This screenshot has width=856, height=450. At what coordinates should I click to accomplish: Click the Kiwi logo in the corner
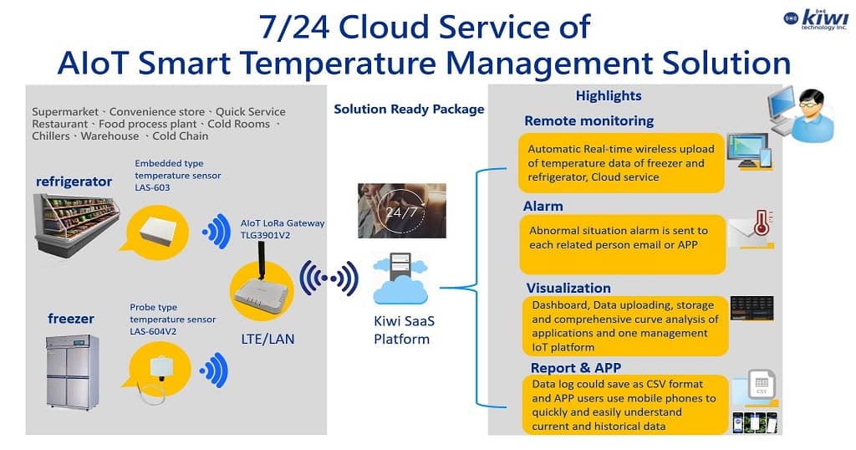tap(816, 19)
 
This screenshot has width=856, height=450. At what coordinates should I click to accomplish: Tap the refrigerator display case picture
tap(76, 225)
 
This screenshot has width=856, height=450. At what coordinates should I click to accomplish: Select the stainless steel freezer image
tap(72, 372)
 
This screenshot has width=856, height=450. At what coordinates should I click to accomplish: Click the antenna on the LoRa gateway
tap(261, 262)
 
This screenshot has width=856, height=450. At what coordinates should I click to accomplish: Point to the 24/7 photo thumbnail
tap(402, 210)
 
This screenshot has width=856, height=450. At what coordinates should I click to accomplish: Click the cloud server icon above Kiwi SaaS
tap(400, 279)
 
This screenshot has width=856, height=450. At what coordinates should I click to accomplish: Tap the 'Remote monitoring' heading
tap(589, 120)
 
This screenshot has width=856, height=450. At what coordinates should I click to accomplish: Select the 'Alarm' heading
tap(543, 206)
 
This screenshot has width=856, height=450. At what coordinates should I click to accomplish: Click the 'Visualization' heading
tap(568, 288)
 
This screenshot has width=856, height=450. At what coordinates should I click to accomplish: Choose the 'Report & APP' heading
tap(576, 367)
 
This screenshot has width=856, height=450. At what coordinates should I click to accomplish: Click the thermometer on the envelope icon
tap(762, 222)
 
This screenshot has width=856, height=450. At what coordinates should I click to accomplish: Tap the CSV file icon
tap(762, 385)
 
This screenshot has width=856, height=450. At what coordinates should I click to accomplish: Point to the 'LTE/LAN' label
tap(267, 339)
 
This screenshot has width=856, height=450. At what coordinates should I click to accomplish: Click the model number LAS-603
tap(152, 187)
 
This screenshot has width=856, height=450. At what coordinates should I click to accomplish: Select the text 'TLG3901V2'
tap(265, 235)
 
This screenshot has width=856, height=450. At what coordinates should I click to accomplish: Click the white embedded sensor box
tap(158, 229)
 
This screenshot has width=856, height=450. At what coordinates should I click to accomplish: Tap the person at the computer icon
tap(802, 115)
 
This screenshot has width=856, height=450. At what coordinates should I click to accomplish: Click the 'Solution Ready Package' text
tap(409, 110)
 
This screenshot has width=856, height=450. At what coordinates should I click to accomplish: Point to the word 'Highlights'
tap(609, 95)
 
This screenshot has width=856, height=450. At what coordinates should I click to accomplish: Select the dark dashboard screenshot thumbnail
tap(752, 309)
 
